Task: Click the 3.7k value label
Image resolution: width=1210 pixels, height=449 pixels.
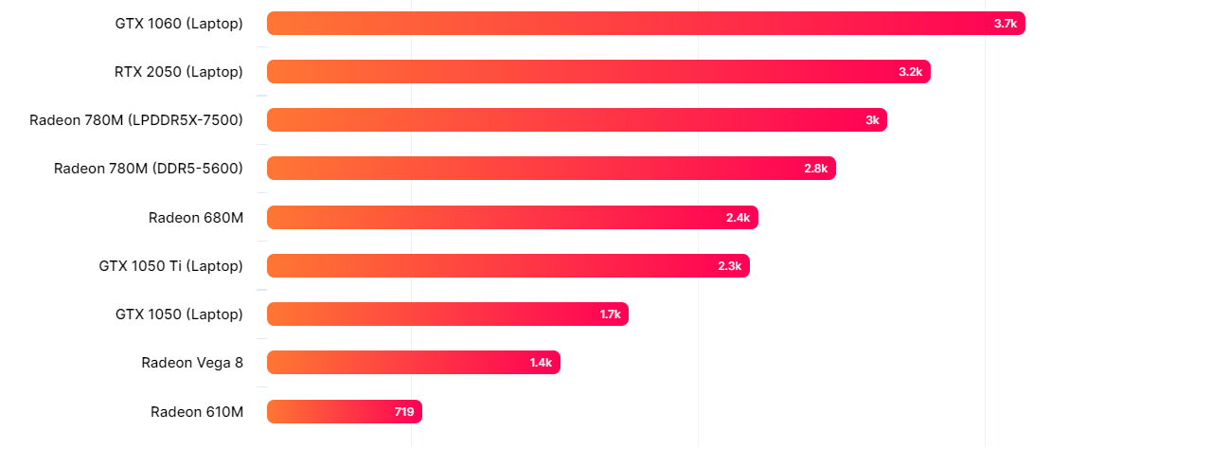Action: click(1005, 24)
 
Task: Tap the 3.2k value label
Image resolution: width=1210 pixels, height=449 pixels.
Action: click(910, 72)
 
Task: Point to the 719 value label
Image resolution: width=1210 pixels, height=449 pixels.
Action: click(404, 412)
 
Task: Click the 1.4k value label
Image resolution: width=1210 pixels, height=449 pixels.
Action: click(541, 363)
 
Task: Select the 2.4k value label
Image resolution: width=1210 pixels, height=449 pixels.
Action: click(738, 218)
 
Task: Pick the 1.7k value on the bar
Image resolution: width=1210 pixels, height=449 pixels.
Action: click(610, 314)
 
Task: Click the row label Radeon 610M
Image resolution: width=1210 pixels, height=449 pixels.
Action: click(197, 412)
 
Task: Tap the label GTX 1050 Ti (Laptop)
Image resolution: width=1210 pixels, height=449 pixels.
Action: click(170, 266)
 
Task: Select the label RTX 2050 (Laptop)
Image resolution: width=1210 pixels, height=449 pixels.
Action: click(179, 72)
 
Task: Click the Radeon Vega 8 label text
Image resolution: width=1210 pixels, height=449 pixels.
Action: click(192, 363)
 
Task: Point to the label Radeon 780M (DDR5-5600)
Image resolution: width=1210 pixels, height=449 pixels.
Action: click(149, 169)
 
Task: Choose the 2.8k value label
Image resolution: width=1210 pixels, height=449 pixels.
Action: click(815, 169)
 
